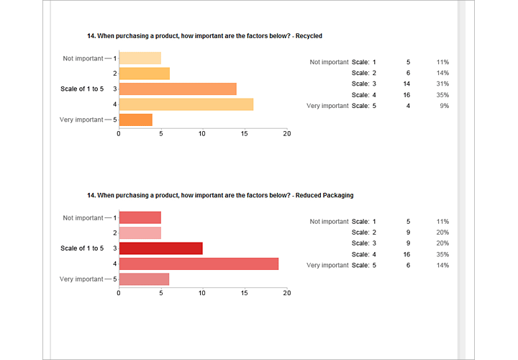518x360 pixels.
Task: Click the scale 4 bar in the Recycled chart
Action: [x=186, y=104]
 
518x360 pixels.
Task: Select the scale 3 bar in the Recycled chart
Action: [x=177, y=89]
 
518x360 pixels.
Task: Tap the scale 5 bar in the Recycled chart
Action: [x=135, y=120]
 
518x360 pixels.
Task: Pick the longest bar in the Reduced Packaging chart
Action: [x=199, y=264]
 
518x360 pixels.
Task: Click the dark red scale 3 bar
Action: [x=160, y=248]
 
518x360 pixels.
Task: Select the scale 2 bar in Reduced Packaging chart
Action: [x=140, y=233]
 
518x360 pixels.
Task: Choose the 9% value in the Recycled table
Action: [x=445, y=106]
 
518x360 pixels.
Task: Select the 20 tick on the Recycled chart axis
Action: [x=287, y=134]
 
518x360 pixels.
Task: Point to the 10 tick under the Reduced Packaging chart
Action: [x=203, y=293]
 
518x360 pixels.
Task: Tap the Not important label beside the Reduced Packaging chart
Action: [x=83, y=217]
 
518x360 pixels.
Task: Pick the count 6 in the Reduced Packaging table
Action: [x=408, y=266]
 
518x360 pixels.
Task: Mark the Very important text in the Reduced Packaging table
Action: [x=327, y=266]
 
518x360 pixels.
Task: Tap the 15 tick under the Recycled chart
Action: [x=245, y=134]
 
